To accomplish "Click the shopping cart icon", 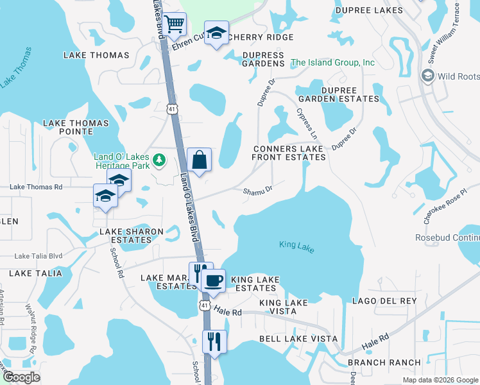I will pos(174,25).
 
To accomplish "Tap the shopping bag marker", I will pos(200,158).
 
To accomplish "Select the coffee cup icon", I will pos(213,279).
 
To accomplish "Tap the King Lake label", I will pos(296,246).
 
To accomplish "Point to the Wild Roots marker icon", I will pos(427,76).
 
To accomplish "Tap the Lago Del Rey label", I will pos(384,301).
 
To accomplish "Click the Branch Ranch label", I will pos(384,363).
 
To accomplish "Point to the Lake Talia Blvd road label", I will pos(39,255).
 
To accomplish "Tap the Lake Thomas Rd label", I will pos(36,187).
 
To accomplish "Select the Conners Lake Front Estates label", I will pos(288,153).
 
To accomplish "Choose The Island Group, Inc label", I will pos(333,63).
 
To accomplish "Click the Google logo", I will pos(22,377).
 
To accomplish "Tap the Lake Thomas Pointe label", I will pos(67,126).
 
